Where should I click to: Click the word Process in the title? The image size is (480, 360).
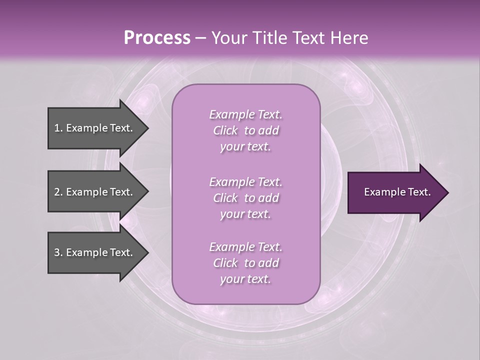(x=157, y=38)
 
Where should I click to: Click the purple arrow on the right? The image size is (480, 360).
(x=395, y=192)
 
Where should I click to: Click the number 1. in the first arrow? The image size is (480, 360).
(x=58, y=128)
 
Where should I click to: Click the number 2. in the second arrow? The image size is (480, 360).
(x=58, y=192)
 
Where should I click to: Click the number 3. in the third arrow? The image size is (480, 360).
(x=58, y=252)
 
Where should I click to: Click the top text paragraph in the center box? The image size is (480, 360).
(x=245, y=130)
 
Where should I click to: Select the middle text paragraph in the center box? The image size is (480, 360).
(x=245, y=198)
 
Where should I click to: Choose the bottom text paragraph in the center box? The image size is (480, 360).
(x=245, y=263)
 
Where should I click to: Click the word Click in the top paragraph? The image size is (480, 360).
(x=225, y=130)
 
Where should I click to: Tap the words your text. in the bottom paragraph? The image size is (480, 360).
(x=245, y=279)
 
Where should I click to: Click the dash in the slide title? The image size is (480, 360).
(x=200, y=38)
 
